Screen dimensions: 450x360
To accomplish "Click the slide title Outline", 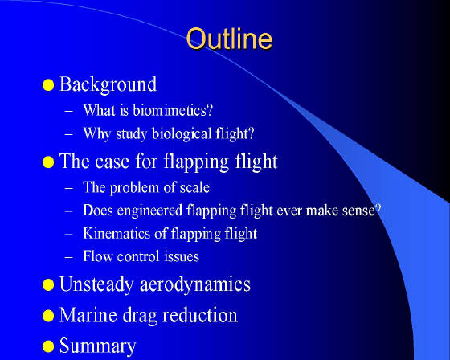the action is [229, 39].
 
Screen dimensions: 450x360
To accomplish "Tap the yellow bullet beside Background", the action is [48, 85].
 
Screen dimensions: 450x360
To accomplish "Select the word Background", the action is [108, 84].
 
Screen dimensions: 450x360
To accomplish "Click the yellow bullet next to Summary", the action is [48, 346].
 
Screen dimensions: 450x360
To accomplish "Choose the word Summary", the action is [97, 346].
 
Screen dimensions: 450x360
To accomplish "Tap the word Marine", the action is [88, 315].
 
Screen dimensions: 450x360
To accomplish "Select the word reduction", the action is [200, 315].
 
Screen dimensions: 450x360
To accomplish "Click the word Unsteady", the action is [96, 284].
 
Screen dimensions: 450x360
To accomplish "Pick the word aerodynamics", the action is [195, 284].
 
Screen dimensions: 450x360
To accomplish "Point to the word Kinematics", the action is [117, 233].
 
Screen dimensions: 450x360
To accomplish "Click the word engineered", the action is [149, 211].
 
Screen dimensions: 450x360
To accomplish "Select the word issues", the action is [182, 256].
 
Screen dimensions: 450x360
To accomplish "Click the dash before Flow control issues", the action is [69, 257].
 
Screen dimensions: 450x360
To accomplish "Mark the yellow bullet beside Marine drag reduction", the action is [48, 316].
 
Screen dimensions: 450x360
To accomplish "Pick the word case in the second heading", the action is [112, 162].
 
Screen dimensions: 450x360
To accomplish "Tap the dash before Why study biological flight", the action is [69, 134].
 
